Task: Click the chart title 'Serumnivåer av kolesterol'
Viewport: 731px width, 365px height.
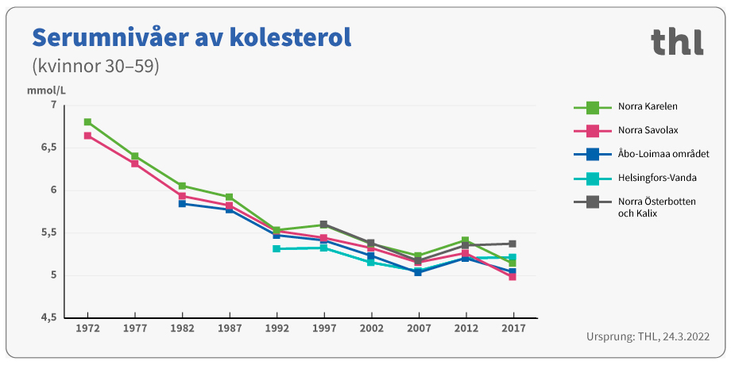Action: pos(191,37)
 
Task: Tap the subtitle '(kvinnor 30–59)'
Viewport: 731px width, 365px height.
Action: pos(95,67)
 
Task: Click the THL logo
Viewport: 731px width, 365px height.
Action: pos(677,41)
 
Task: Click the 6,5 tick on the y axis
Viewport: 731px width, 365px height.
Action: pos(48,148)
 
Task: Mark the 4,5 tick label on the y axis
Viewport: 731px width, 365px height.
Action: pos(48,318)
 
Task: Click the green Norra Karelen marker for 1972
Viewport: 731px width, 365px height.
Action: pos(87,122)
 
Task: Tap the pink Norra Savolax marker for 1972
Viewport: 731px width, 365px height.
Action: pos(87,136)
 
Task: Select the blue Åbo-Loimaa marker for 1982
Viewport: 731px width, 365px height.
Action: pos(182,204)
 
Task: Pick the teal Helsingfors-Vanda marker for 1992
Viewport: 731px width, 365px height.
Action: pos(277,249)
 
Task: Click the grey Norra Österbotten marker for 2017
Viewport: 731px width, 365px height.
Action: pos(512,244)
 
